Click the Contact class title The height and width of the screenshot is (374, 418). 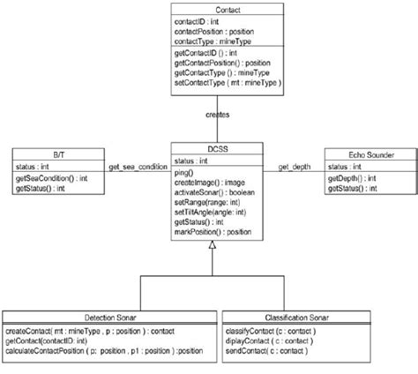209,8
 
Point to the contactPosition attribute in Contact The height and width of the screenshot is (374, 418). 208,30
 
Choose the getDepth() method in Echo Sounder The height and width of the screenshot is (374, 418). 353,178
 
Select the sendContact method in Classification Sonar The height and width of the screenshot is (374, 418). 265,351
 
